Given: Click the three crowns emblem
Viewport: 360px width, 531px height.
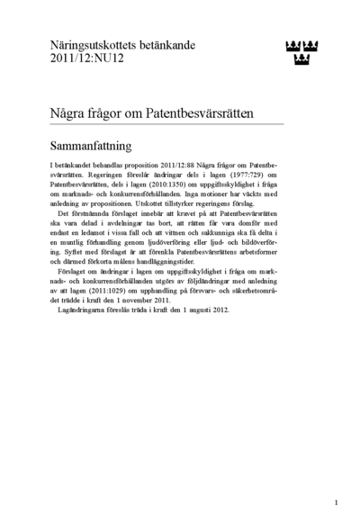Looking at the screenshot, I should pos(302,51).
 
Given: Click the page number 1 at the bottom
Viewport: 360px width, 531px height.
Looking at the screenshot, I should pos(335,503).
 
